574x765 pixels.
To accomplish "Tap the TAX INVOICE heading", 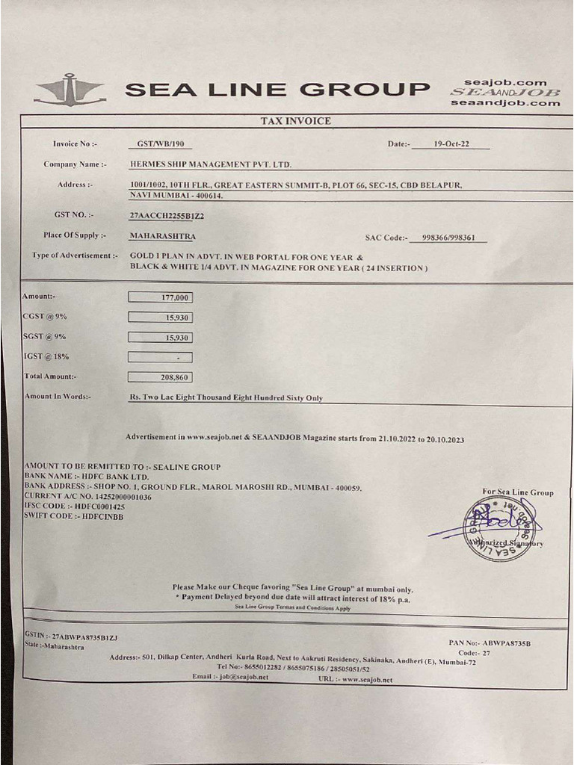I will pyautogui.click(x=295, y=121).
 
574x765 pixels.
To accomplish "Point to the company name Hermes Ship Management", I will pyautogui.click(x=210, y=164).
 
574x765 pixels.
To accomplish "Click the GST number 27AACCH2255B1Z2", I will pyautogui.click(x=167, y=215).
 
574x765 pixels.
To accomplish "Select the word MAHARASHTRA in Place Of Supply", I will pyautogui.click(x=162, y=236).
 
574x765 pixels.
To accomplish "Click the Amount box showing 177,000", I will pyautogui.click(x=160, y=297).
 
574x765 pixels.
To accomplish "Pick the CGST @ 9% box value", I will pyautogui.click(x=160, y=318).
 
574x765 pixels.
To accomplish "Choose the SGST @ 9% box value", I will pyautogui.click(x=160, y=338).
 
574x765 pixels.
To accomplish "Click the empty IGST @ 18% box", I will pyautogui.click(x=160, y=357).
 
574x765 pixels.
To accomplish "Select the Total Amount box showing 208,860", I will pyautogui.click(x=160, y=377).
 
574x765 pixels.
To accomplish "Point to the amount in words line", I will pyautogui.click(x=226, y=398).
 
